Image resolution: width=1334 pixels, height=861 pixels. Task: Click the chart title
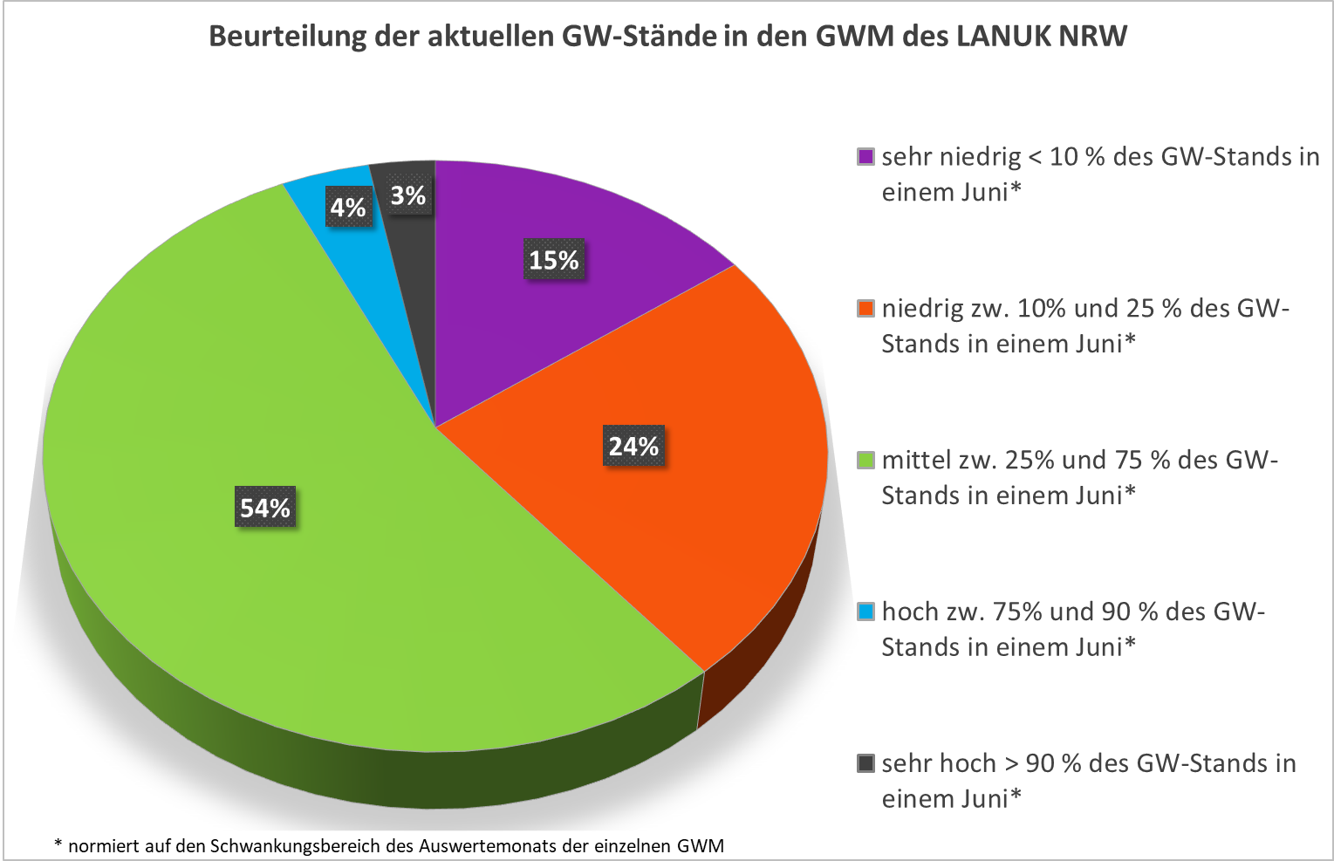tap(667, 37)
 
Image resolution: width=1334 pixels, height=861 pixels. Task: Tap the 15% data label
tap(554, 260)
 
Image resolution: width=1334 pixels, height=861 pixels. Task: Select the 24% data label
tap(634, 446)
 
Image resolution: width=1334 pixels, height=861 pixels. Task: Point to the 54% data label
tap(265, 508)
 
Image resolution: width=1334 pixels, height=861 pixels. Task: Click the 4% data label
tap(347, 208)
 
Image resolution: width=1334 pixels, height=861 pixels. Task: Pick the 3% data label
tap(408, 195)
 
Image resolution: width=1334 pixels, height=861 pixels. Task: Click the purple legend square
tap(865, 157)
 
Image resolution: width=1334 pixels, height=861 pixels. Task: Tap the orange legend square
tap(865, 309)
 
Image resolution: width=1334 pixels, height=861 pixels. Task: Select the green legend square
tap(865, 461)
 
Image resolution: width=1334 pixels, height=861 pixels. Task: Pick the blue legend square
tap(865, 612)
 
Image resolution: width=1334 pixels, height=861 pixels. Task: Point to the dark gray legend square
tap(865, 764)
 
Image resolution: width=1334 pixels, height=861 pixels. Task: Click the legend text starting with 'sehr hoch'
tap(1088, 781)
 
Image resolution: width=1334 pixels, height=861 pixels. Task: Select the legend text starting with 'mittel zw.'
tap(1079, 477)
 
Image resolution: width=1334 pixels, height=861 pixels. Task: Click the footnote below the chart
tap(389, 845)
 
